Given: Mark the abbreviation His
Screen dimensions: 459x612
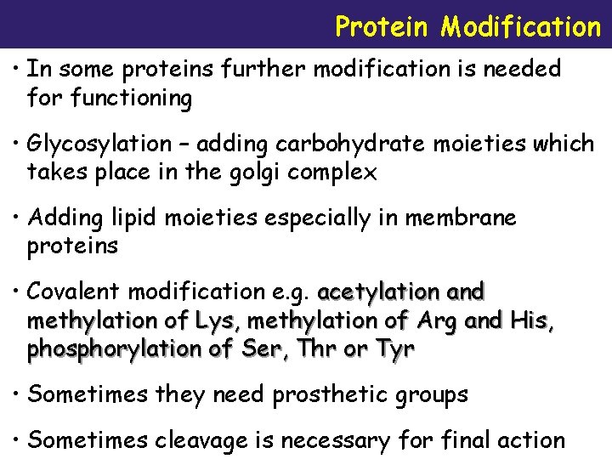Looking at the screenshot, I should (x=531, y=321).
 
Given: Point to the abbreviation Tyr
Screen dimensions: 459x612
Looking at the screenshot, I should (x=393, y=350).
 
